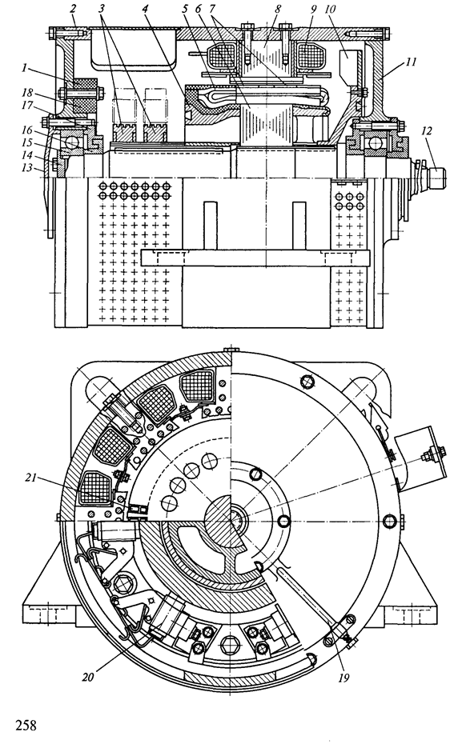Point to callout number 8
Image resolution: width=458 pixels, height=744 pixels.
click(278, 8)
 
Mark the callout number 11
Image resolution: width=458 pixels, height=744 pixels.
click(410, 62)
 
